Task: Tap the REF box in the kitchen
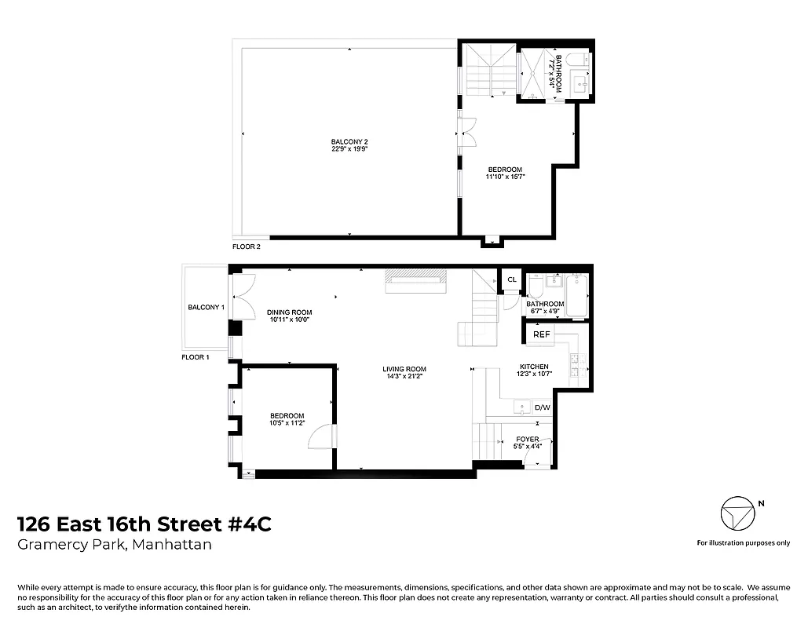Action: coord(542,334)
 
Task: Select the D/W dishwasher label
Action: coord(542,407)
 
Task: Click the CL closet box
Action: coord(511,279)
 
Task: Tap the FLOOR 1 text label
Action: coord(196,357)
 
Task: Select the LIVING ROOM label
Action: coord(404,369)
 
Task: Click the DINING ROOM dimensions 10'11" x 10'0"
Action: coord(289,319)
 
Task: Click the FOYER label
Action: coord(528,440)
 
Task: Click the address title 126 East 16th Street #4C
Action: coord(144,524)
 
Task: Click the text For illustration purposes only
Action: coord(743,542)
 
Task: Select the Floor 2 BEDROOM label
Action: coord(505,170)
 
